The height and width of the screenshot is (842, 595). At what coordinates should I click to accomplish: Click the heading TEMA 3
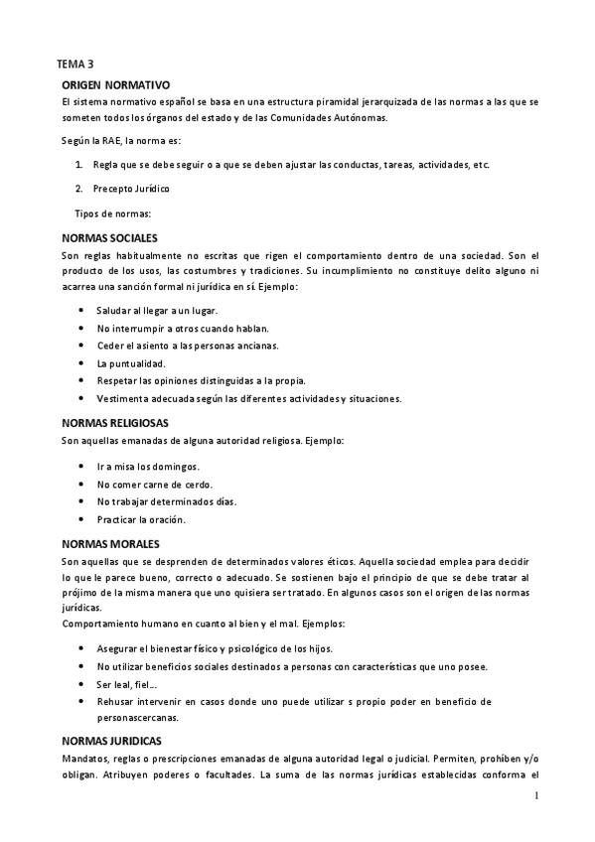pyautogui.click(x=74, y=65)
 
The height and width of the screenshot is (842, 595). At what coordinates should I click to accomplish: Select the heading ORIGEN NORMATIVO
pyautogui.click(x=116, y=86)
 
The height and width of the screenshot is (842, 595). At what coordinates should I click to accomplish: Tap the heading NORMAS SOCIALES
pyautogui.click(x=109, y=239)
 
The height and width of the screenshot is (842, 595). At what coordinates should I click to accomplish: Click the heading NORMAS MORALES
pyautogui.click(x=110, y=544)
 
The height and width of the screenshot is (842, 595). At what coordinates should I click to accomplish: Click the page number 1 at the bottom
pyautogui.click(x=535, y=796)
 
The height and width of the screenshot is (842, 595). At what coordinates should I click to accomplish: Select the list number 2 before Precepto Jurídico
pyautogui.click(x=78, y=188)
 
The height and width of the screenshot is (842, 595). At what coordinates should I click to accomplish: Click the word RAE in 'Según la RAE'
pyautogui.click(x=110, y=140)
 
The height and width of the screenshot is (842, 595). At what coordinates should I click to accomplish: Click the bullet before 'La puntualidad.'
pyautogui.click(x=79, y=362)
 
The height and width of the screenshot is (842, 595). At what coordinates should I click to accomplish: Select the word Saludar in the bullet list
pyautogui.click(x=115, y=311)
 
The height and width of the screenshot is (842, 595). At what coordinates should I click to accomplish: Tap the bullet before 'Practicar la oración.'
pyautogui.click(x=79, y=519)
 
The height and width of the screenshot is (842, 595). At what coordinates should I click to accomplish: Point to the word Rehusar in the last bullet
pyautogui.click(x=117, y=701)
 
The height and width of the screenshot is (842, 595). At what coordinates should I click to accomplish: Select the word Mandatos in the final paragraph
pyautogui.click(x=84, y=761)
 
